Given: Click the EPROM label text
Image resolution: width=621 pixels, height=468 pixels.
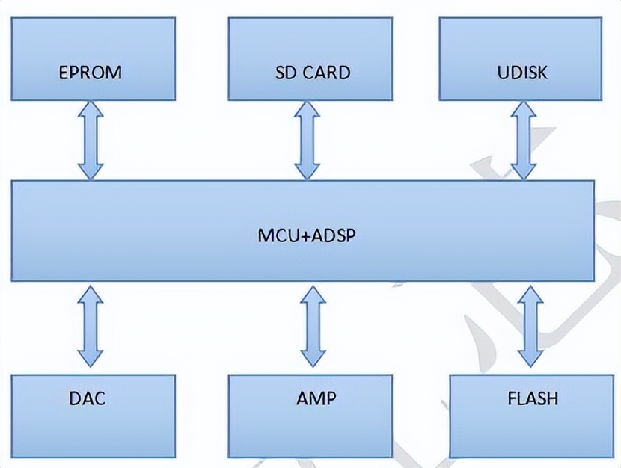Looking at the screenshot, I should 90,73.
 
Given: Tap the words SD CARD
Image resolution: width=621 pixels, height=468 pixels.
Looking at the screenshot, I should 312,73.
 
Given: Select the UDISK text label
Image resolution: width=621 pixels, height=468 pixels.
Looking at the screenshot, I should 521,73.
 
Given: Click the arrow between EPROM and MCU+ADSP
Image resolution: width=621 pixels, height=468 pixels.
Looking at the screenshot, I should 91,140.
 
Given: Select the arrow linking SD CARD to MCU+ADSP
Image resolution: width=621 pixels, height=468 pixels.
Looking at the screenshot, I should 308,140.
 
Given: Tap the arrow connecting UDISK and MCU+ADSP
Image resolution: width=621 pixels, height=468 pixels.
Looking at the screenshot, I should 523,140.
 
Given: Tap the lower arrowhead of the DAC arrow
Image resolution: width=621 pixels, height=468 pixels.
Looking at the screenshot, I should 91,357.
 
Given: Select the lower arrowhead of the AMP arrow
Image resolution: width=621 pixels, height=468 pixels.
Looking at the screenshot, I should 313,357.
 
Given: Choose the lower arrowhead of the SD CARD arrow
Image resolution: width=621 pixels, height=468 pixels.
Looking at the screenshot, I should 308,170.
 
